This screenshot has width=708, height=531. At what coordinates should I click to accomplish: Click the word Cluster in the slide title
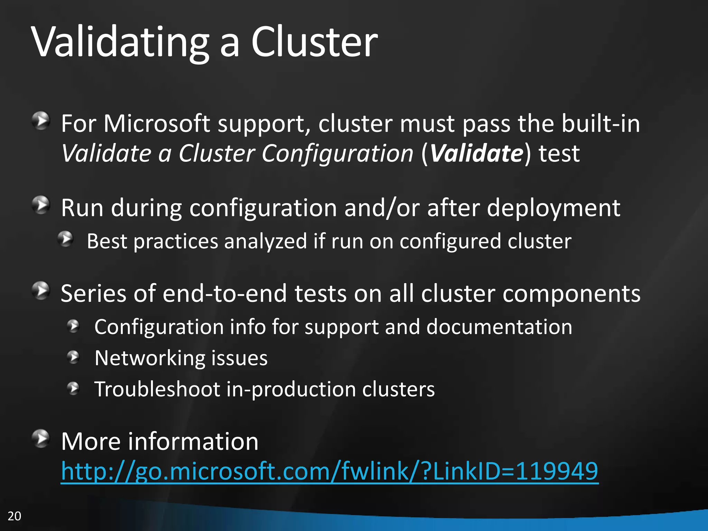point(314,42)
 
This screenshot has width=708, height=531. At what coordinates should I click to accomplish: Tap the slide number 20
point(14,516)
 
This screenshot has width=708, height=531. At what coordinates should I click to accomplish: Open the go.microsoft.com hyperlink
point(329,471)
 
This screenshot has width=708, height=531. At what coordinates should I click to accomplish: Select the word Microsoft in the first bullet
point(157,123)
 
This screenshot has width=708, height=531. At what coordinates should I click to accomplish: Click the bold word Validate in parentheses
point(477,153)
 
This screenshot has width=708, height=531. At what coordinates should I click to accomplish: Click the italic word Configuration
point(337,153)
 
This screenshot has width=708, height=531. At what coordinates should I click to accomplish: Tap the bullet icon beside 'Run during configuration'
point(41,205)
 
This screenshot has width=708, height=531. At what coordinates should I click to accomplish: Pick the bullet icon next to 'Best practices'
point(65,239)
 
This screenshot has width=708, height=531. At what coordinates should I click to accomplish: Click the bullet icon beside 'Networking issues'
point(73,357)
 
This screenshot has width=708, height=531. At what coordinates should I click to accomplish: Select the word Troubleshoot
point(157,389)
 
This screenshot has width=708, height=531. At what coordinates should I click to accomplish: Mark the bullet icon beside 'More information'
point(41,439)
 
